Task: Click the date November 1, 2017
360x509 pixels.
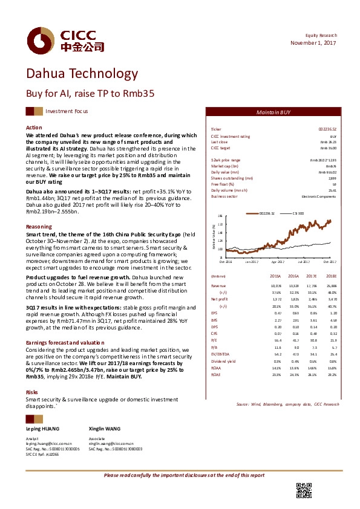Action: coord(313,43)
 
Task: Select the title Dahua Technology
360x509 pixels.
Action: coord(82,74)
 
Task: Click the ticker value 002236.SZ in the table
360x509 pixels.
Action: coord(327,129)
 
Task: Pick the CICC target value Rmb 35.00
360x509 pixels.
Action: coord(328,148)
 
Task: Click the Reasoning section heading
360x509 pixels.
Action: coord(39,226)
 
